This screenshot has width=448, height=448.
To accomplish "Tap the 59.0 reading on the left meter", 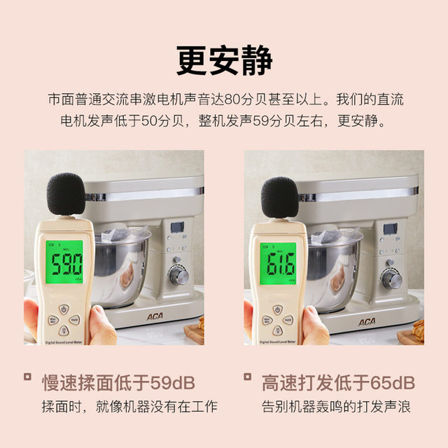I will [x=64, y=265].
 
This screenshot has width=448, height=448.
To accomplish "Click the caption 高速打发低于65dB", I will [x=338, y=382].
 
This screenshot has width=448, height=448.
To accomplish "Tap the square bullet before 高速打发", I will [x=247, y=377].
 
